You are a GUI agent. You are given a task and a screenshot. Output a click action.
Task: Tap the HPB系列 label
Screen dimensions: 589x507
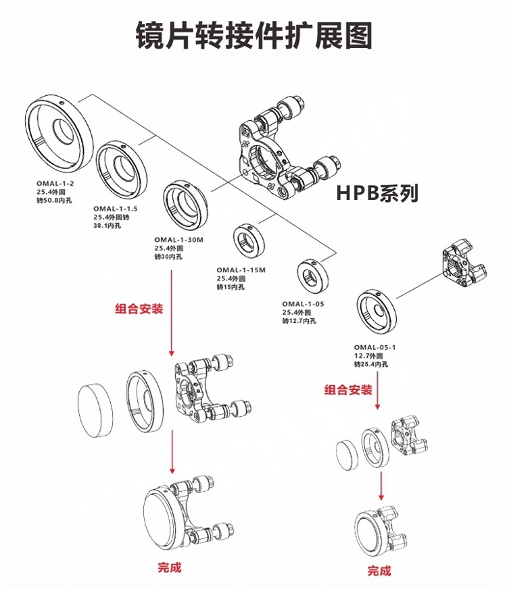click(x=377, y=194)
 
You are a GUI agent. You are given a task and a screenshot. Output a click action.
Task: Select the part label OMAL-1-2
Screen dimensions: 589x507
click(x=54, y=182)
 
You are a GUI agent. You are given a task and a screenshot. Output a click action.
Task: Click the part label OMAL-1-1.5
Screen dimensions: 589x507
click(x=115, y=209)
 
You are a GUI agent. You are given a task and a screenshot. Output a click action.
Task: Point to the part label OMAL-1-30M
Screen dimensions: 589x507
click(x=178, y=240)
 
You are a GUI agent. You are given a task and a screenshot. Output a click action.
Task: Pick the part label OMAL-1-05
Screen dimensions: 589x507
click(x=303, y=304)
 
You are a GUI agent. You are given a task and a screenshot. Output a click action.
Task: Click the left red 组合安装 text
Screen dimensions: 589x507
click(x=139, y=309)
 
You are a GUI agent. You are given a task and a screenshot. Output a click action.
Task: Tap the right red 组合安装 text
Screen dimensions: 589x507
click(x=348, y=390)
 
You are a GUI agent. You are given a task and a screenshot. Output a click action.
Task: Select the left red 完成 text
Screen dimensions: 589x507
click(x=169, y=567)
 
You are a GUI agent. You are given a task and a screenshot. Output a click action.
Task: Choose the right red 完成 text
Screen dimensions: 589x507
click(x=379, y=571)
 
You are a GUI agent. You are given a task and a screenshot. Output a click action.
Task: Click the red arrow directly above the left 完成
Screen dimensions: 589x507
click(x=173, y=453)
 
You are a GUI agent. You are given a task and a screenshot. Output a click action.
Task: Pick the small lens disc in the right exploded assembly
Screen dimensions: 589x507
click(x=346, y=454)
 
